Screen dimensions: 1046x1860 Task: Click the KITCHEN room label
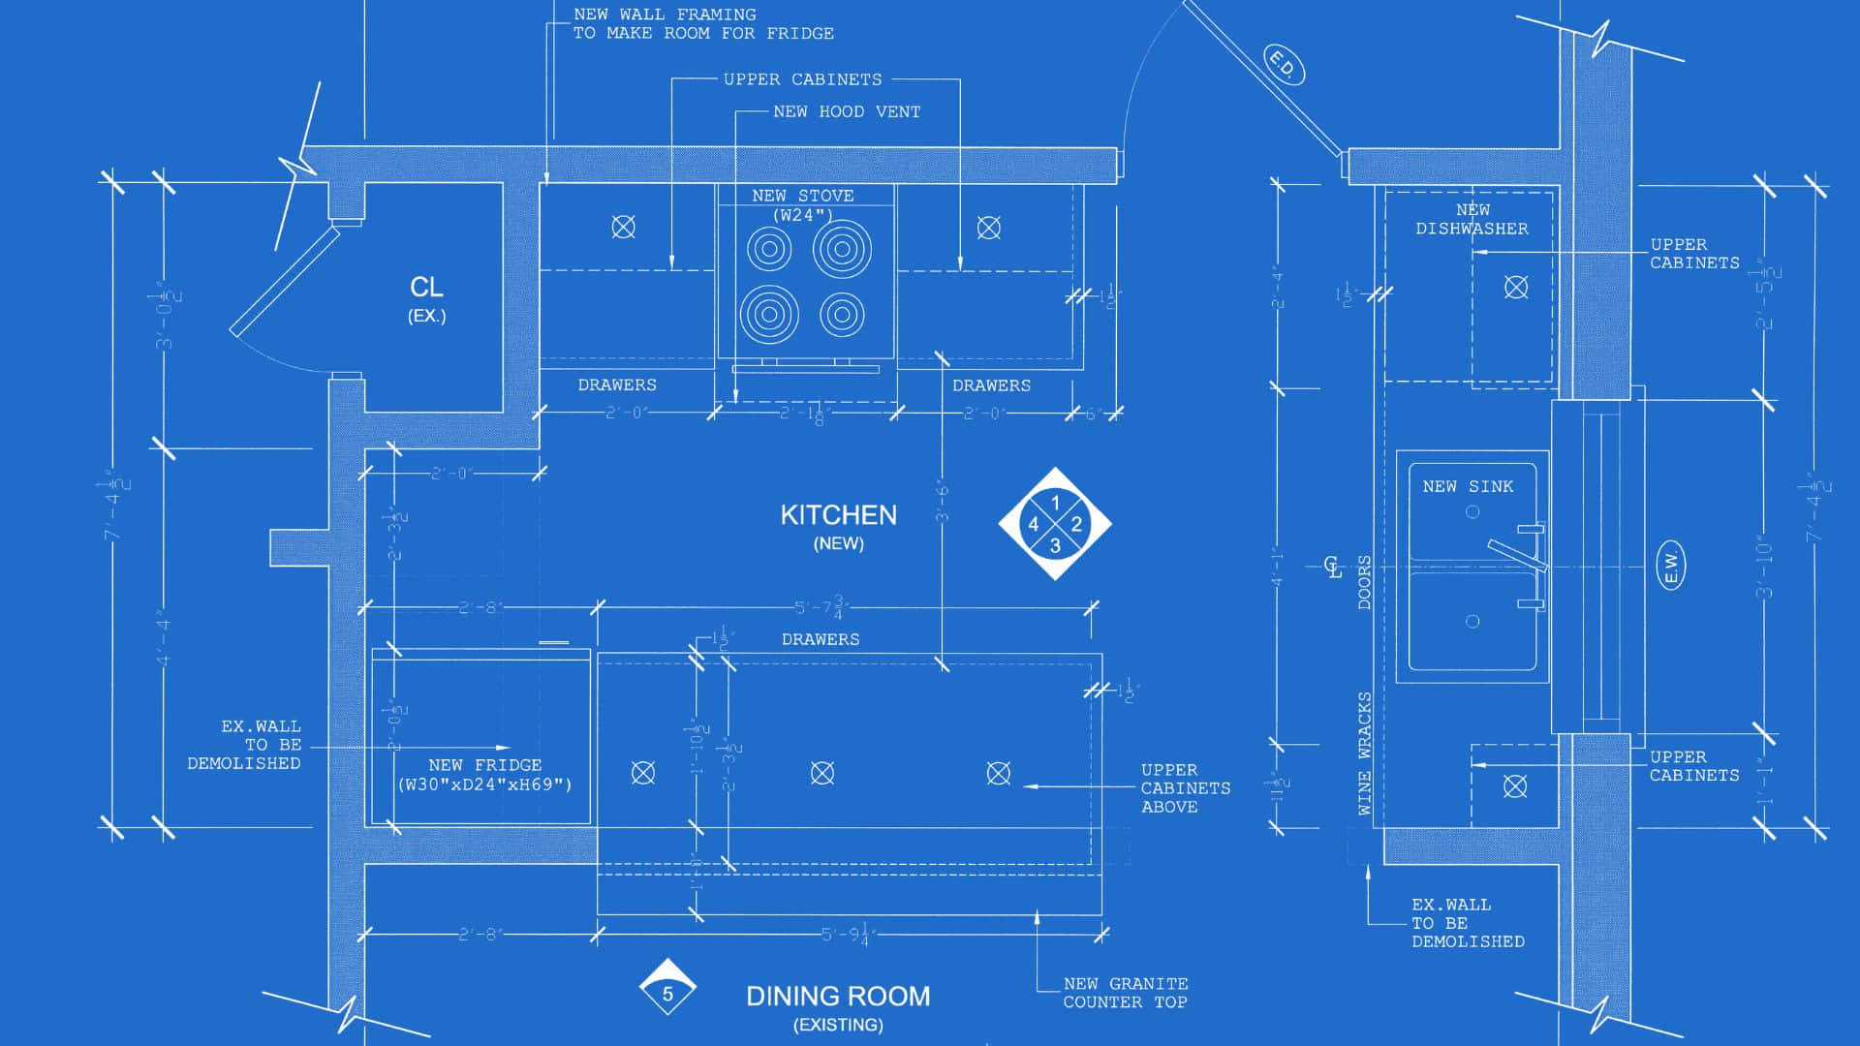pos(838,515)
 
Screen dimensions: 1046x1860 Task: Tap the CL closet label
pos(426,288)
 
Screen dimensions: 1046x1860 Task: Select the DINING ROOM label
pos(838,996)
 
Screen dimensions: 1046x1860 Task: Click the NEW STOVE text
pos(803,196)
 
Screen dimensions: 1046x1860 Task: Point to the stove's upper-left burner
pos(769,249)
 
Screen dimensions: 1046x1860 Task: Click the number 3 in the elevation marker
pos(1055,546)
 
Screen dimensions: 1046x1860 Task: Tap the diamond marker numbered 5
pos(667,991)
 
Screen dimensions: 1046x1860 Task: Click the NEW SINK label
pos(1468,486)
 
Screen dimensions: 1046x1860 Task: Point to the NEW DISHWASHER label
pos(1472,220)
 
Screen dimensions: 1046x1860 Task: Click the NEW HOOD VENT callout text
pos(847,112)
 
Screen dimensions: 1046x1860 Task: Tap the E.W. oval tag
pos(1671,566)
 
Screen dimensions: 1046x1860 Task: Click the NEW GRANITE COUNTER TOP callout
pos(1125,993)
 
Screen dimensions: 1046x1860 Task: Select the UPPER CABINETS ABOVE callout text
pos(1185,788)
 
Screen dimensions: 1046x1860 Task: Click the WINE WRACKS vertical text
pos(1365,754)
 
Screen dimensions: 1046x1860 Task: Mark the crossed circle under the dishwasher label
pos(1516,287)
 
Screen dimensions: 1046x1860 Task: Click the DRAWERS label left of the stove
pos(617,385)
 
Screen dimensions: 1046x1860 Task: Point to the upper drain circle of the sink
pos(1472,511)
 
